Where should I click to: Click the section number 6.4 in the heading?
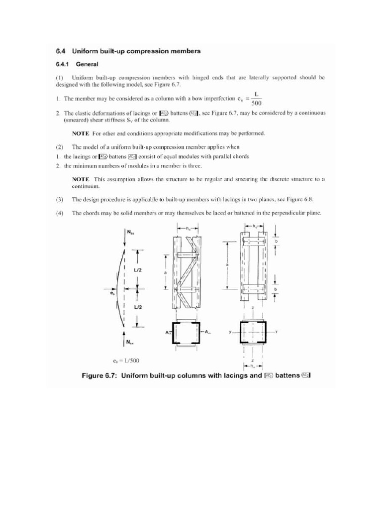pyautogui.click(x=61, y=50)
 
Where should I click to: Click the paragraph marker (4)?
pyautogui.click(x=59, y=213)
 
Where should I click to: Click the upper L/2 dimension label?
pyautogui.click(x=138, y=269)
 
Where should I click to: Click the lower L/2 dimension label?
pyautogui.click(x=138, y=308)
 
